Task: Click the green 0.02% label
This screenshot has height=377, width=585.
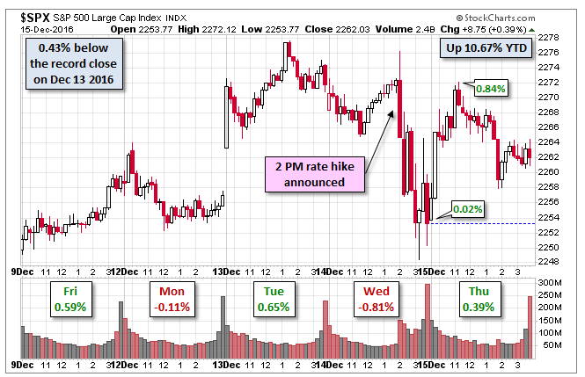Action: click(465, 209)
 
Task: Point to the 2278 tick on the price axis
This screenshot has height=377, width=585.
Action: click(550, 37)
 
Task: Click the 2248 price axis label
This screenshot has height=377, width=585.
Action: click(550, 261)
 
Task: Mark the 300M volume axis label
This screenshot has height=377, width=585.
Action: click(552, 282)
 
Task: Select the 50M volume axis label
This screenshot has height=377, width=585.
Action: click(552, 344)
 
